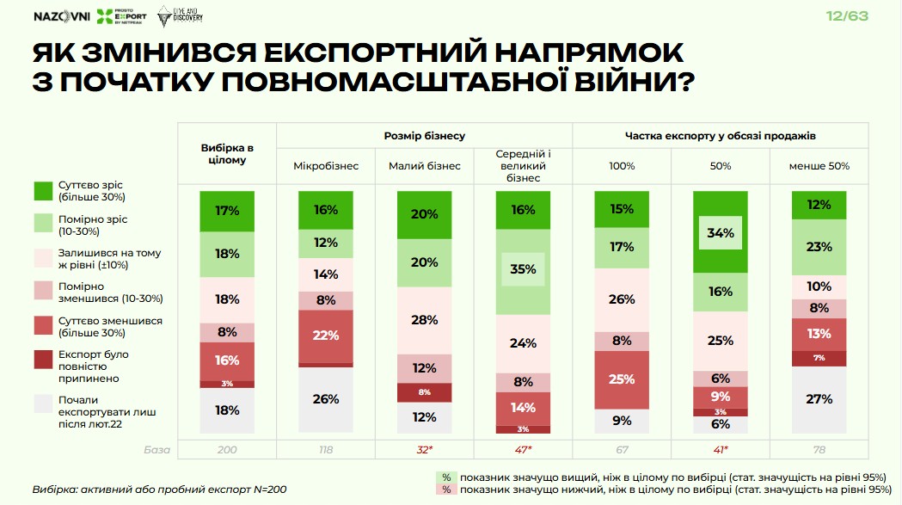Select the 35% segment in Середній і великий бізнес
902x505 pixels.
click(x=523, y=269)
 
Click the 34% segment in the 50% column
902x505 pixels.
click(x=720, y=232)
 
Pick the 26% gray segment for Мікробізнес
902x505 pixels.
click(x=325, y=399)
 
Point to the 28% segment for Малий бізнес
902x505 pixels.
click(x=424, y=320)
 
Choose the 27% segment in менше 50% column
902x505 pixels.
click(x=819, y=399)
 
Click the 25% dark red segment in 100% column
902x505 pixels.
click(x=622, y=379)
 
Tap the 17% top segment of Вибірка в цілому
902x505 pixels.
click(x=227, y=211)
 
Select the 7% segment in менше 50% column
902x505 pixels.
click(x=819, y=358)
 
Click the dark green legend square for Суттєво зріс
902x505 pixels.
click(x=44, y=191)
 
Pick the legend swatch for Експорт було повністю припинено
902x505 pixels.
click(x=44, y=360)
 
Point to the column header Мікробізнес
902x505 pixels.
click(x=325, y=165)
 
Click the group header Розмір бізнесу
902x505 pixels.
click(x=424, y=136)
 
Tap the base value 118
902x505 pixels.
click(x=325, y=449)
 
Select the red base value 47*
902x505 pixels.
click(x=523, y=449)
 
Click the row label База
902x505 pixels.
click(x=157, y=449)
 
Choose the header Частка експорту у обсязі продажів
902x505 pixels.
click(x=720, y=136)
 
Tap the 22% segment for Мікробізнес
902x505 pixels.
click(x=325, y=336)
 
